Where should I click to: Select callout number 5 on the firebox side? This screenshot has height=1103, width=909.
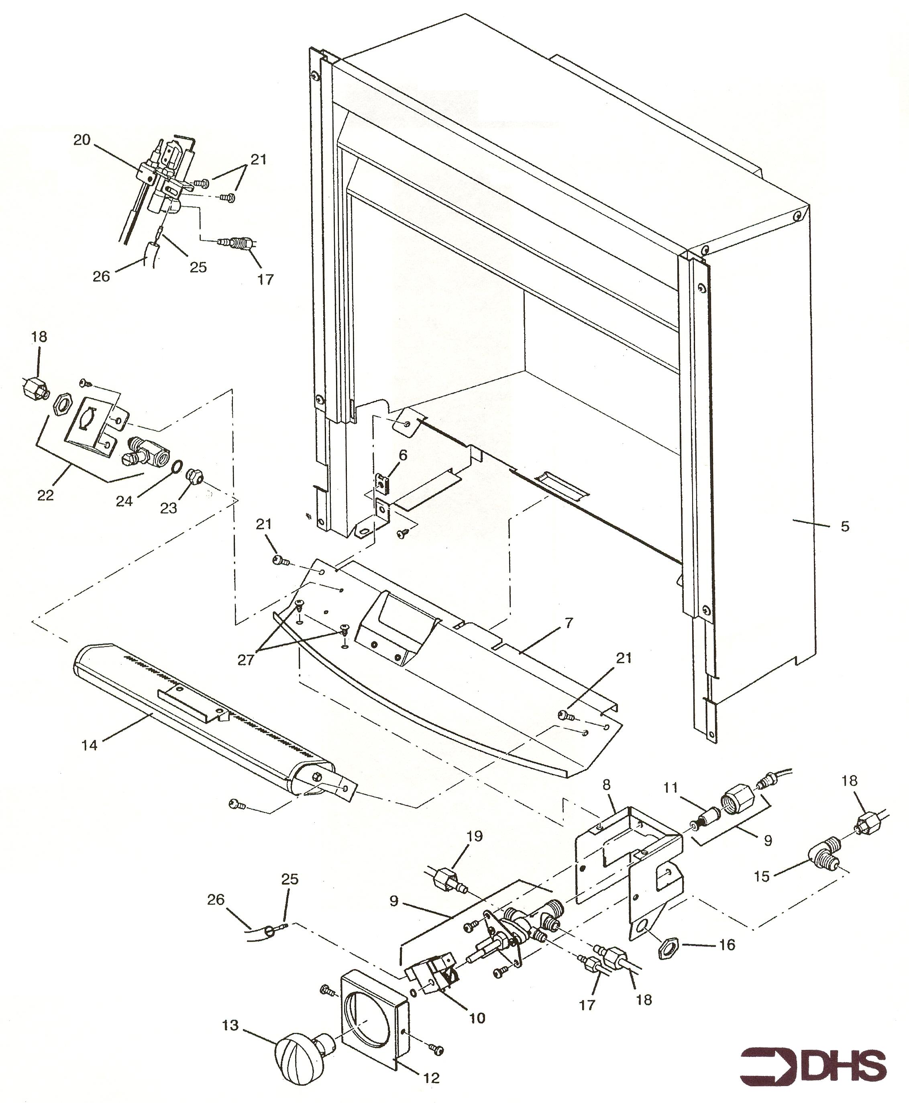click(x=845, y=526)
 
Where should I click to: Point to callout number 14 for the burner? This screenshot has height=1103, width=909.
click(x=90, y=745)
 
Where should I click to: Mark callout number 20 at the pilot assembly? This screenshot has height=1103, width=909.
click(x=82, y=140)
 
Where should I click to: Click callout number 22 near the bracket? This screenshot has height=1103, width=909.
click(x=45, y=495)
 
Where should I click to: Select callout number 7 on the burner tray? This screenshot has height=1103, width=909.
click(x=569, y=623)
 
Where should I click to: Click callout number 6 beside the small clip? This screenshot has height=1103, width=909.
click(x=403, y=456)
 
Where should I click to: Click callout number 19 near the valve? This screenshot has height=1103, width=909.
click(x=475, y=836)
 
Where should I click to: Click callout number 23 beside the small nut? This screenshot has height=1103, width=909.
click(x=169, y=508)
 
